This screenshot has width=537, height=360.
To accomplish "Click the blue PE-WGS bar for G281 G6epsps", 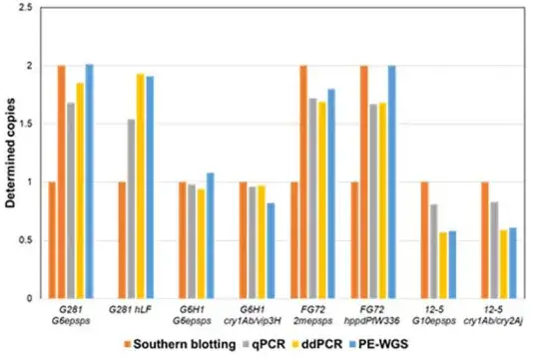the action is coord(90,181).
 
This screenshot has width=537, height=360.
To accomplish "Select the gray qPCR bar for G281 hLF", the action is coord(131,209).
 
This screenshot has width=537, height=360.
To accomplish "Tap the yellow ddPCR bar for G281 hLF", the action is coord(141,186).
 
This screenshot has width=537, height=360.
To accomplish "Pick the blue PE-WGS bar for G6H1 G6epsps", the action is coord(211,235).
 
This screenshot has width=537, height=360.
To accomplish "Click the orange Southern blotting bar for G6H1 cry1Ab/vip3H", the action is coord(243,240).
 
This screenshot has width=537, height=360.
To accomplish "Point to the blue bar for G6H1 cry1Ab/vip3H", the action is coord(270,251).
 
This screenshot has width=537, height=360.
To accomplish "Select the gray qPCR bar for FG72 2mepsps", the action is coord(312,198).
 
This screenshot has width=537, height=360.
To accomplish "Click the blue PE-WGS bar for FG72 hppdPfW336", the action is coord(392,182).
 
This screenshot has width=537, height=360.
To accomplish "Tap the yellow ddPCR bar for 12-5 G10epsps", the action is coord(443,265).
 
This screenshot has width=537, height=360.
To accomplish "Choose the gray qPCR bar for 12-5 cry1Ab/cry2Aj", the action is coord(494,250).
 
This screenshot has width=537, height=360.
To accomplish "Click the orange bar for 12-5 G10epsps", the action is coord(424,240).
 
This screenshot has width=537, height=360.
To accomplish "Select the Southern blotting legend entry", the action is coord(180,344).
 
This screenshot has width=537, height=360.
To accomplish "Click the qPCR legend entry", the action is coord(265,344).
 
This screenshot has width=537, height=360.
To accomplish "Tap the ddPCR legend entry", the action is coord(317,344).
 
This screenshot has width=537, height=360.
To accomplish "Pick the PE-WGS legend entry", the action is coord(378,344).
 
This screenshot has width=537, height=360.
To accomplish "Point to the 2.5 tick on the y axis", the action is coord(25,8).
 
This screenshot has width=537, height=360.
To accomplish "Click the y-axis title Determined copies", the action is coord(11,153).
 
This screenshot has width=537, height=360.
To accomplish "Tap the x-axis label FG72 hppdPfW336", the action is coord(371,315).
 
